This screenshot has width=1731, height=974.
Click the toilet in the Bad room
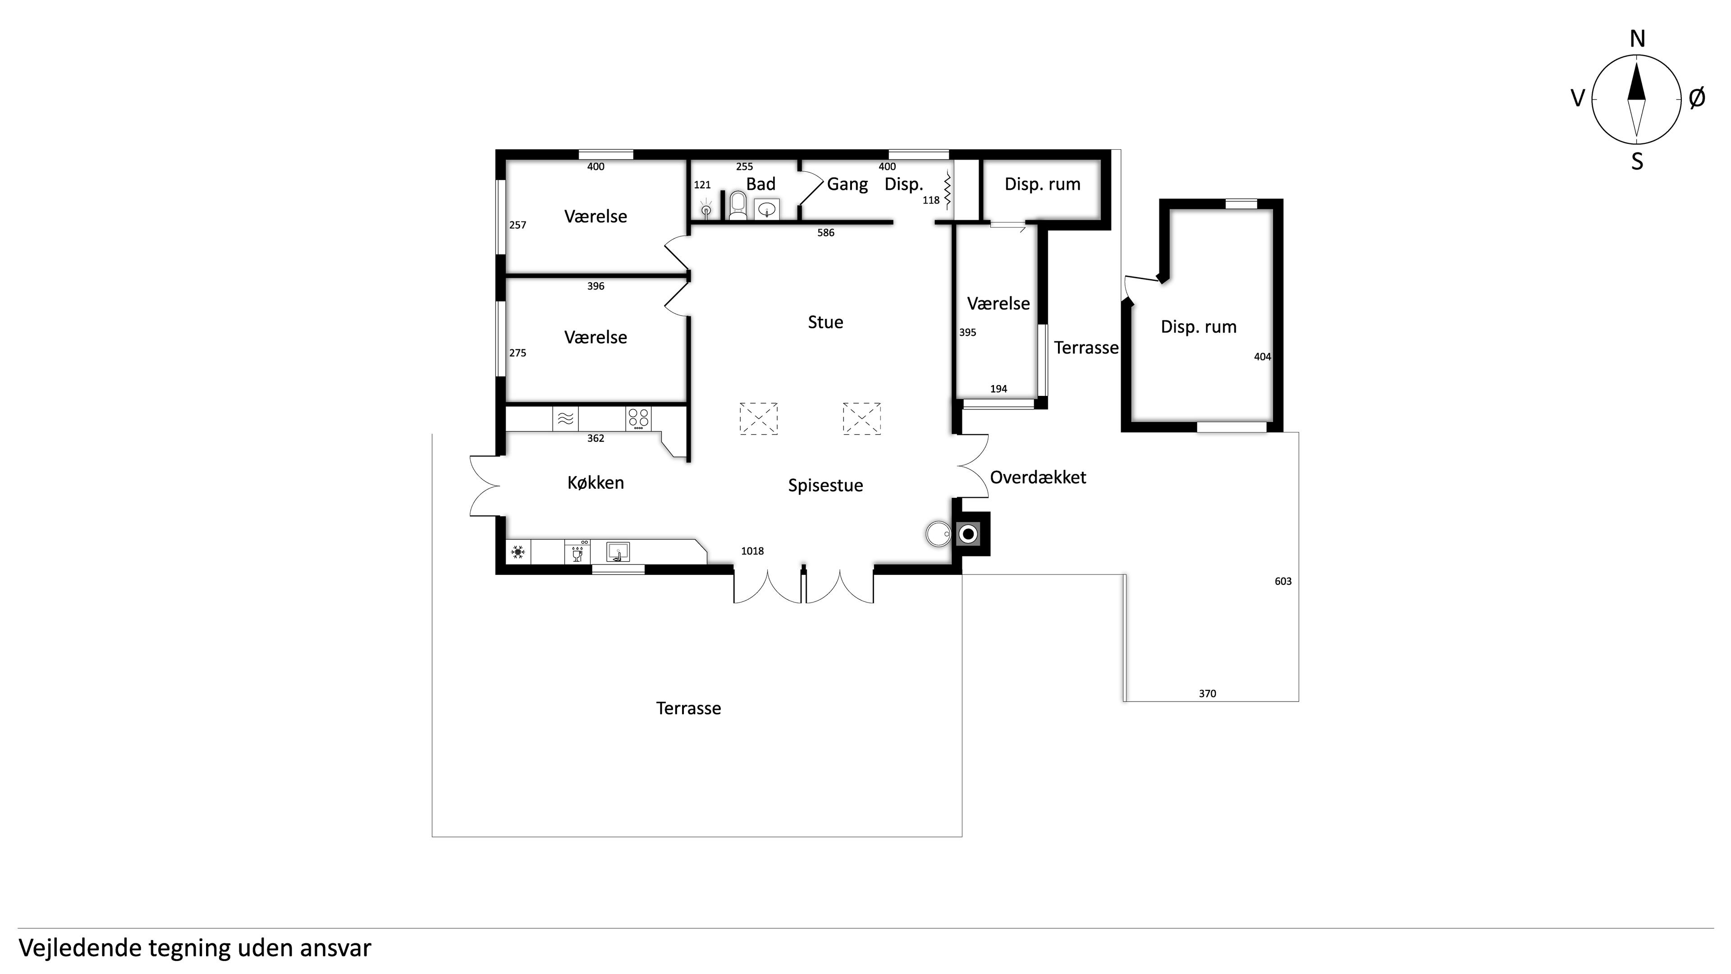pyautogui.click(x=737, y=205)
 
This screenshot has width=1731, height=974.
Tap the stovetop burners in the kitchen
pyautogui.click(x=638, y=419)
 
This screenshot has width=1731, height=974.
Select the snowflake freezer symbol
pyautogui.click(x=517, y=552)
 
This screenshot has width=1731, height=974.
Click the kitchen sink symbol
pyautogui.click(x=618, y=552)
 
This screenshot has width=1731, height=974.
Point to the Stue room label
pyautogui.click(x=825, y=322)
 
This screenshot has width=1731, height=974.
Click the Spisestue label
pyautogui.click(x=825, y=485)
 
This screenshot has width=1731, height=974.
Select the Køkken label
pyautogui.click(x=595, y=482)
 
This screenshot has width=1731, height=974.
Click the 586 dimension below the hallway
pyautogui.click(x=826, y=233)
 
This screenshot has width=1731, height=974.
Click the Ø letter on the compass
pyautogui.click(x=1697, y=98)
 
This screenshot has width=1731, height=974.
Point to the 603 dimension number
pyautogui.click(x=1283, y=581)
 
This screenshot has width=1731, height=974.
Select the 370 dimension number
pyautogui.click(x=1208, y=694)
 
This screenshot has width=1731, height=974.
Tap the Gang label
pyautogui.click(x=847, y=184)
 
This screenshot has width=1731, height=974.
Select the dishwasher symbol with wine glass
pyautogui.click(x=577, y=552)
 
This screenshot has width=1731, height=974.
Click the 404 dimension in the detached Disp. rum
pyautogui.click(x=1263, y=357)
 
